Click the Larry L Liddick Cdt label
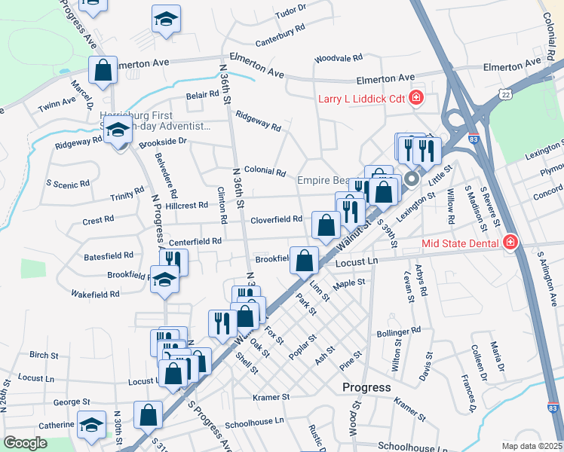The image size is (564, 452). [362, 99]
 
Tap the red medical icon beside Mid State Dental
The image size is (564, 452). [510, 243]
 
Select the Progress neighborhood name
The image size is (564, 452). [366, 387]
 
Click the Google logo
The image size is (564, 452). [25, 443]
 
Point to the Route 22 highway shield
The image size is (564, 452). [504, 91]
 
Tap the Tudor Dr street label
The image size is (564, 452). [291, 12]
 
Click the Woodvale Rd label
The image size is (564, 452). [339, 57]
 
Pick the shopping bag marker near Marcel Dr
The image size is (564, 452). [103, 71]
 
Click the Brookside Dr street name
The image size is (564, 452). [162, 141]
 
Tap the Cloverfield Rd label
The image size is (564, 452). [276, 219]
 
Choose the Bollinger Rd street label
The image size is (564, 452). [398, 331]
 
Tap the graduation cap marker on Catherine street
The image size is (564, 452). [92, 426]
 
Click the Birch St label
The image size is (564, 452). [44, 355]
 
